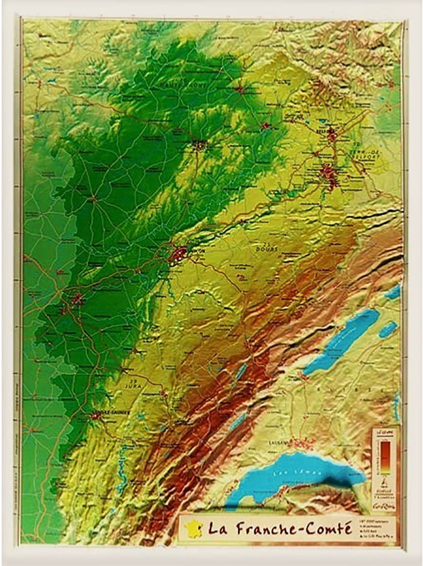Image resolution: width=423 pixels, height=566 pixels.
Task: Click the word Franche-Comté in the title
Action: click(293, 529)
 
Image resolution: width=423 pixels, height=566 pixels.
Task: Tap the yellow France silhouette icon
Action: click(193, 528)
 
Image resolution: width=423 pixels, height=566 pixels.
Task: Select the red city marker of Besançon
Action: click(178, 253)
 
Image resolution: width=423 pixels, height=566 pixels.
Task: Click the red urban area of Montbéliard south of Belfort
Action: click(329, 171)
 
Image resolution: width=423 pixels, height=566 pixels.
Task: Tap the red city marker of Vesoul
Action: click(199, 143)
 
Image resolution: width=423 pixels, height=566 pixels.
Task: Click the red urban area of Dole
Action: click(77, 300)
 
